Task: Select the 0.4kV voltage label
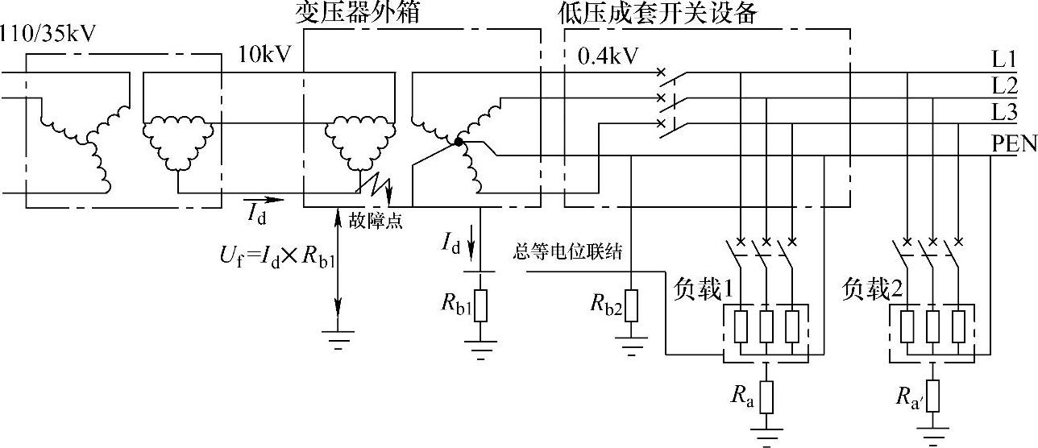(x=608, y=56)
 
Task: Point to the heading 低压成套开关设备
(x=657, y=14)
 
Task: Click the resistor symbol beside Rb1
(x=480, y=304)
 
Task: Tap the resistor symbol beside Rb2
(x=630, y=305)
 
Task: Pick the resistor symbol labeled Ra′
(x=933, y=396)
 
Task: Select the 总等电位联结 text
(x=567, y=252)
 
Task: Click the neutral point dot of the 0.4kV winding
(x=458, y=143)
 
